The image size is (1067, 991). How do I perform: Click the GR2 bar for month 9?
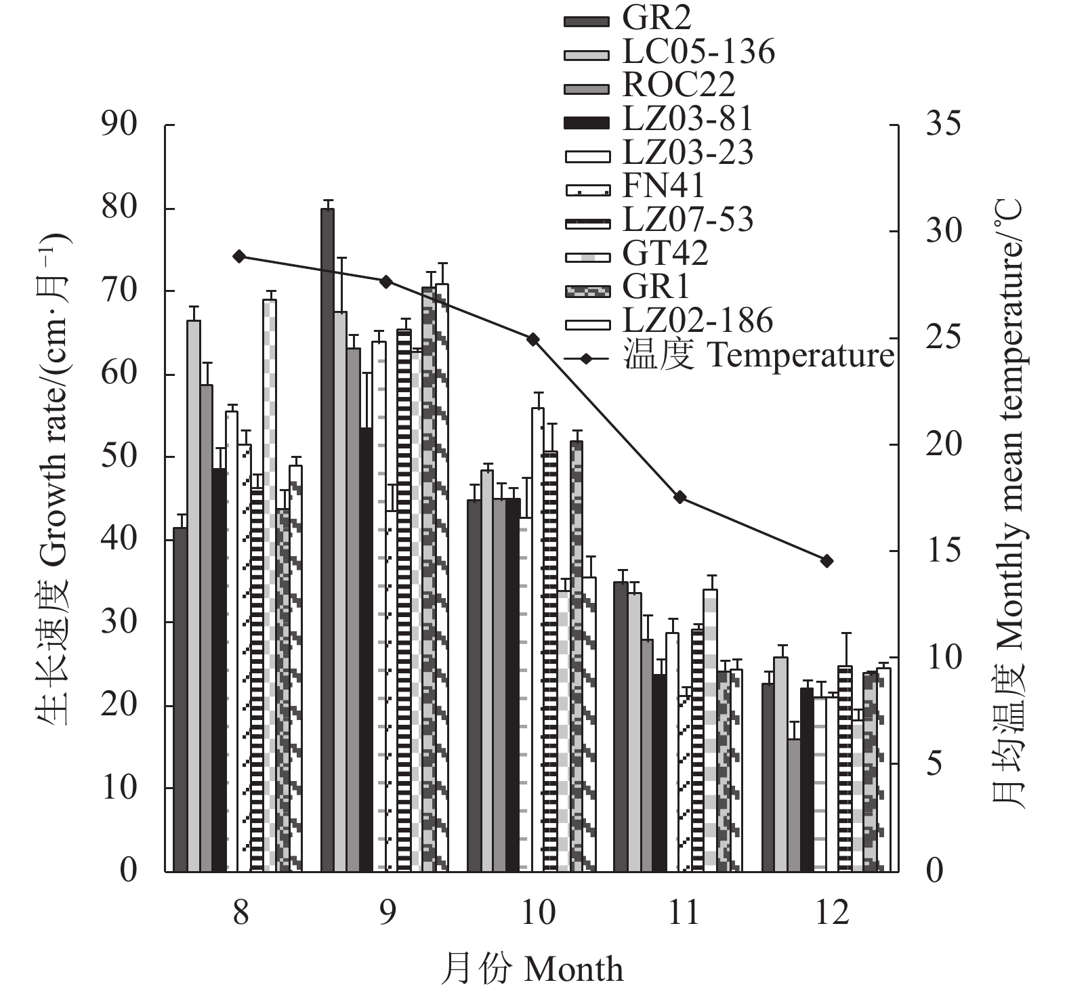pos(327,539)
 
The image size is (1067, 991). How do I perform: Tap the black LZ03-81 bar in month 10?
pos(513,684)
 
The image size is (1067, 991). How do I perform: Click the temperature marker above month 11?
pos(680,497)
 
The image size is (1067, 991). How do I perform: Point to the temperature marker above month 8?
pos(238,256)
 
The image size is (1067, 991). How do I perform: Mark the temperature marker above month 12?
pos(827,561)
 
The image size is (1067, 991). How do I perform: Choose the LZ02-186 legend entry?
pos(697,320)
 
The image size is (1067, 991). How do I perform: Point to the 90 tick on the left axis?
pos(119,125)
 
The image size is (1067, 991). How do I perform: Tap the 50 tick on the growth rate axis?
pos(119,457)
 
